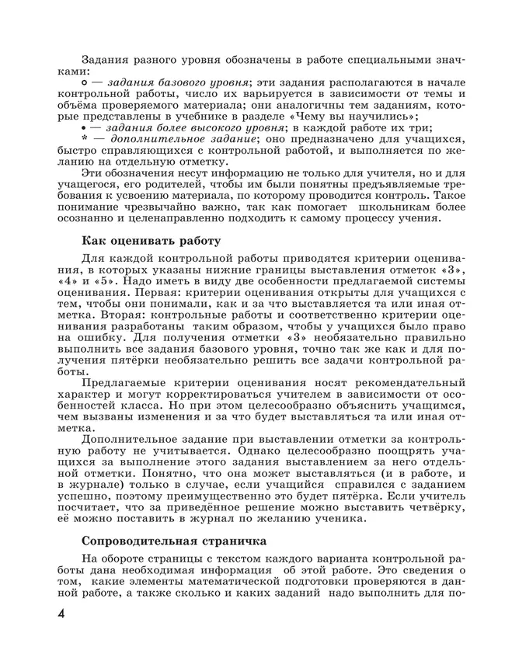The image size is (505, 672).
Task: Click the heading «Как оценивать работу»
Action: coord(151,241)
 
